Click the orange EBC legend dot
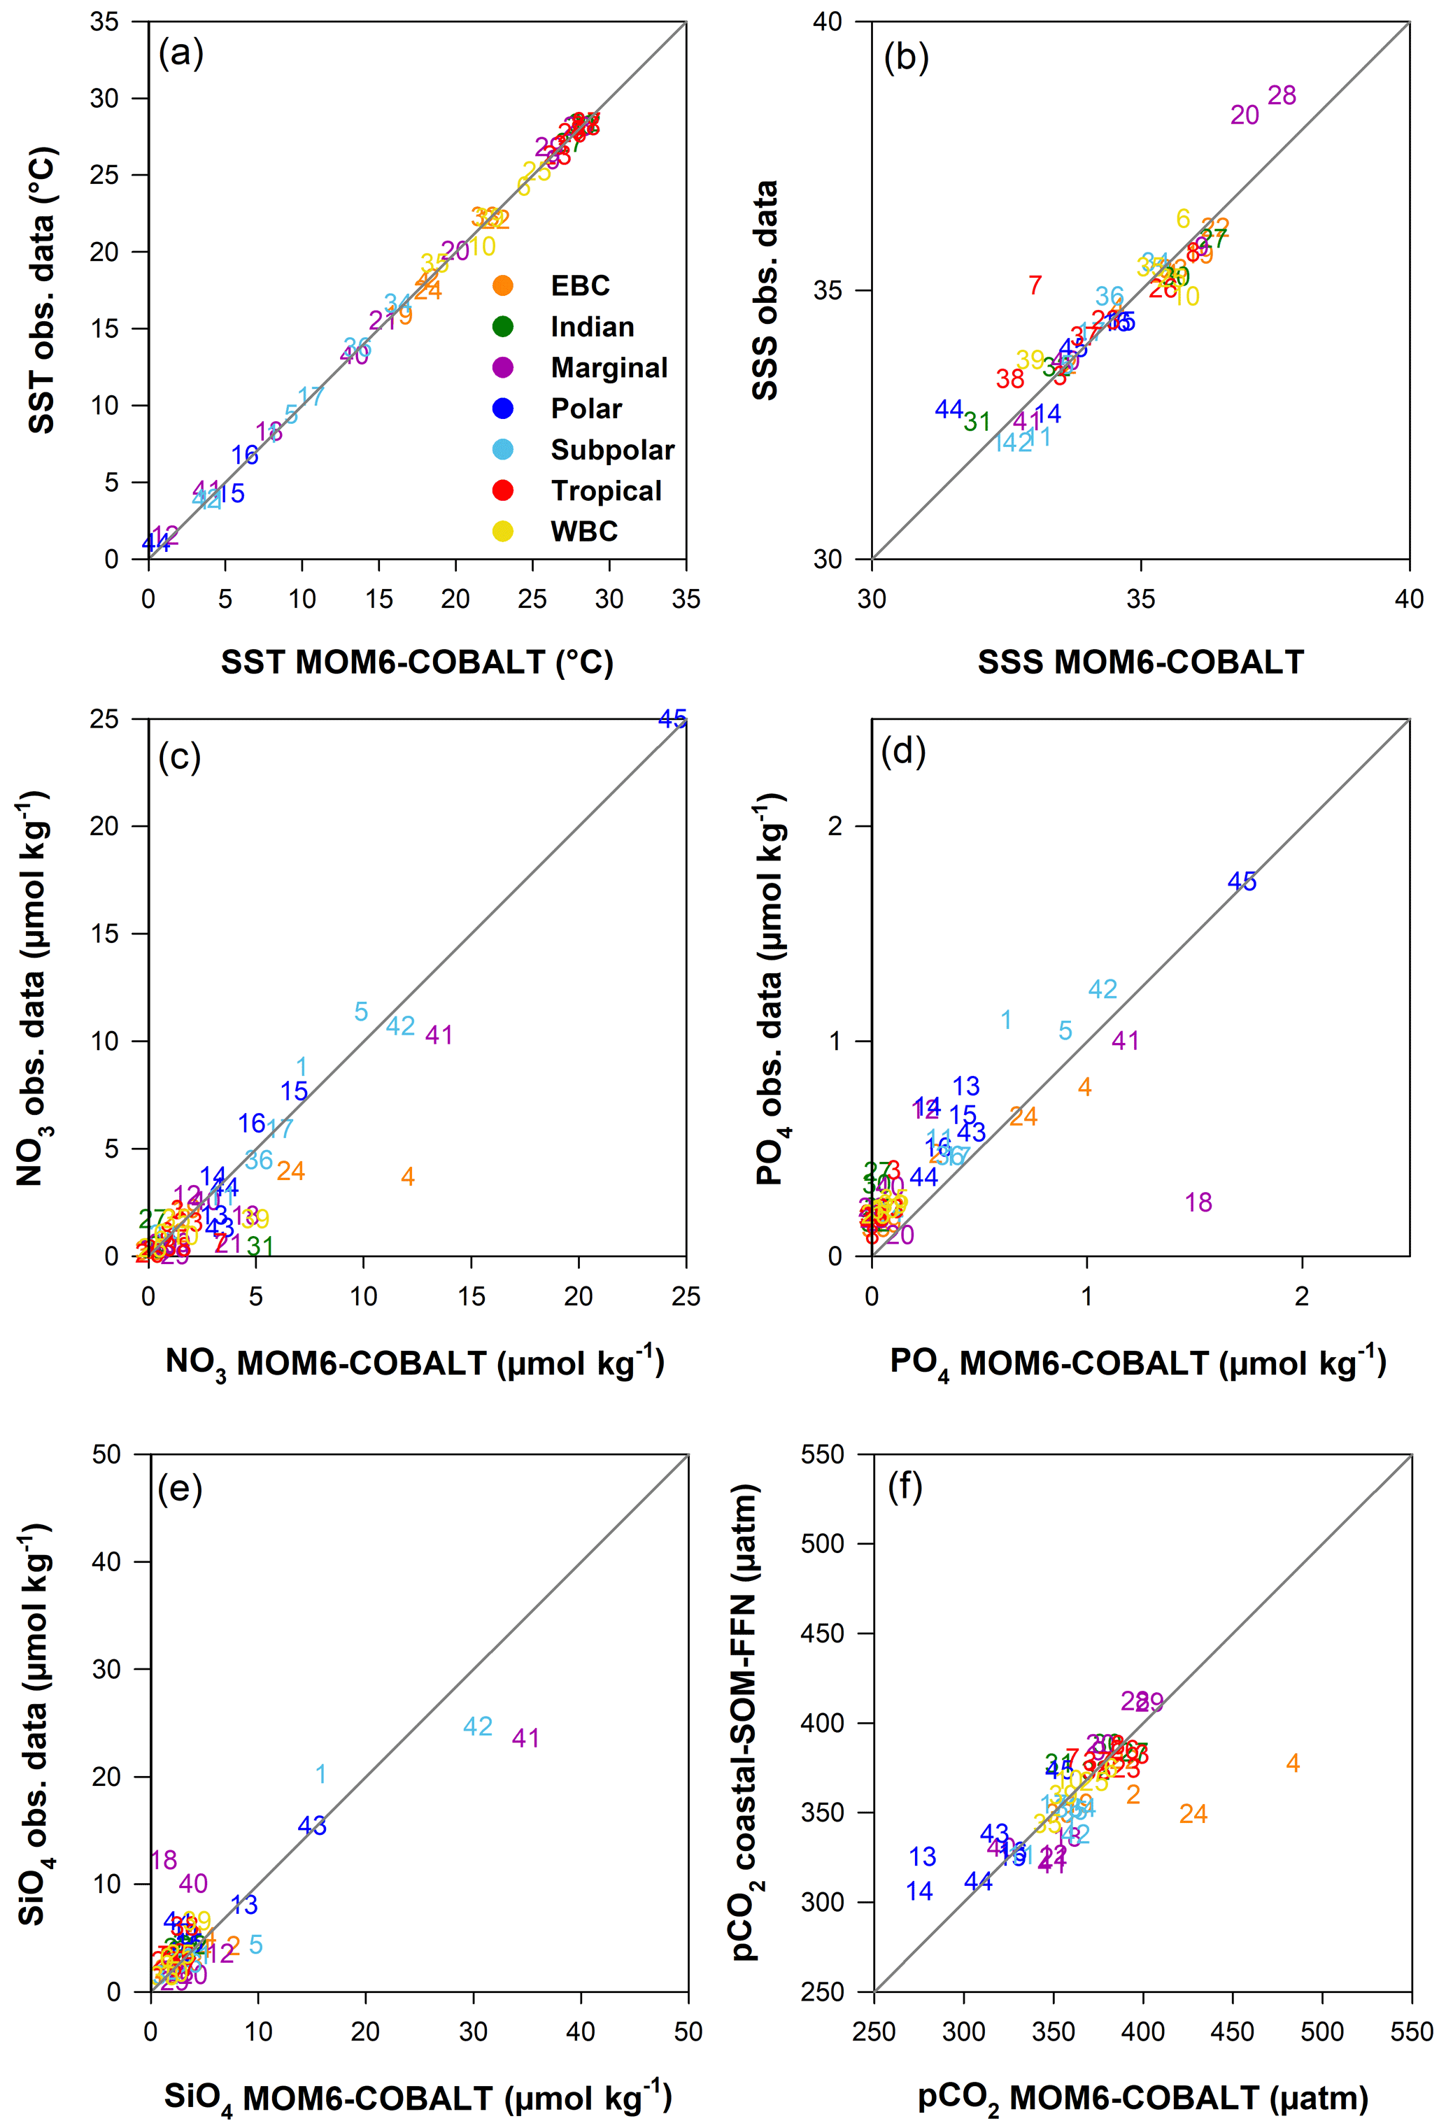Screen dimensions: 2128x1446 click(503, 285)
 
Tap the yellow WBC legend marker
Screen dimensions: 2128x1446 click(503, 531)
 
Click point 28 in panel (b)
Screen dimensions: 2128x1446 click(1281, 95)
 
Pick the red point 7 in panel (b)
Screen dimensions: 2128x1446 click(1035, 285)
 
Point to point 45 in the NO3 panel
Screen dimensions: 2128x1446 click(672, 720)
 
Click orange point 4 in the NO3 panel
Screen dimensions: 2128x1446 click(408, 1177)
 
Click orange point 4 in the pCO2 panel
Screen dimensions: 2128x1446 click(1292, 1763)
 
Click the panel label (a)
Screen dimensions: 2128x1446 click(180, 54)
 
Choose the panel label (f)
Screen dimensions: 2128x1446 click(905, 1488)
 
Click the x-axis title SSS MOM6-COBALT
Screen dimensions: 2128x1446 click(1140, 662)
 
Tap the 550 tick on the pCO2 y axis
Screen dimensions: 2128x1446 click(823, 1454)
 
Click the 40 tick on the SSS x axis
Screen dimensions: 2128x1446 click(1408, 599)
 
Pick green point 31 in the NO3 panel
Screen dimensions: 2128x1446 click(260, 1245)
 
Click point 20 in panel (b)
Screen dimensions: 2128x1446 click(1244, 115)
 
